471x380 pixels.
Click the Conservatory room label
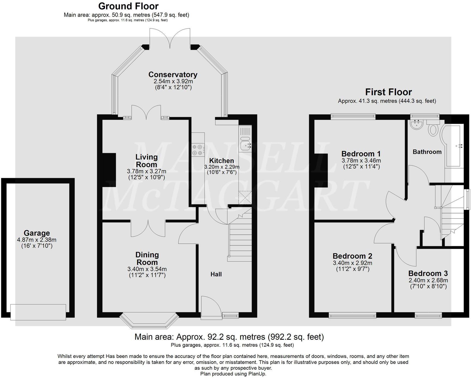(173, 75)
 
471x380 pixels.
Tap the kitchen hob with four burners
(198, 150)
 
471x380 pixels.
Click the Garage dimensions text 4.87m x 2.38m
(37, 240)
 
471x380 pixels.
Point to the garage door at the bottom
(38, 312)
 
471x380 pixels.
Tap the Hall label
(216, 274)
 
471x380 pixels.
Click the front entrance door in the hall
(211, 307)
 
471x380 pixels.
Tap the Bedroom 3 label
(428, 273)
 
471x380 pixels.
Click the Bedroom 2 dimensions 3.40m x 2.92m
(352, 263)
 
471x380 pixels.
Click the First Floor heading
(388, 92)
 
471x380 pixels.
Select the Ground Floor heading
(128, 6)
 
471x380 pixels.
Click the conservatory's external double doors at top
(170, 38)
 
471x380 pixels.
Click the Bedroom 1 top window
(353, 116)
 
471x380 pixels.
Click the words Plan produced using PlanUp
(233, 374)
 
